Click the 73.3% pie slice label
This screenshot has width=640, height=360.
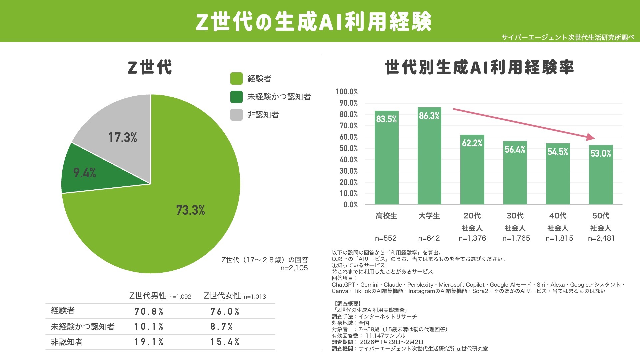[190, 210]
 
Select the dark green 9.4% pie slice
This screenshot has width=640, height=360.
[97, 173]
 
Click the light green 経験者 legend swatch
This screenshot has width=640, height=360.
[236, 79]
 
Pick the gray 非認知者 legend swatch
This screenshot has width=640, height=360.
[236, 115]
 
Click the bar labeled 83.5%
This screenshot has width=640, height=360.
[386, 160]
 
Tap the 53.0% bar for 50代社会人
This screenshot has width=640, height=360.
[601, 177]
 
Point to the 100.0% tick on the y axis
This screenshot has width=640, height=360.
[347, 92]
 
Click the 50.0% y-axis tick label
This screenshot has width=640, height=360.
[349, 148]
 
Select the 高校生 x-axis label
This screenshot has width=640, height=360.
[386, 216]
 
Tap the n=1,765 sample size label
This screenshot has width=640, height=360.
[516, 238]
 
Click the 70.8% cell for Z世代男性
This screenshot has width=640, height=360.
[149, 311]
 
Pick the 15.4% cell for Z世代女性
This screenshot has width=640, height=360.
[225, 342]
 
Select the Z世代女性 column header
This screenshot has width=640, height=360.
[222, 296]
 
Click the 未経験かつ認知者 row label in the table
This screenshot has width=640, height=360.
[83, 327]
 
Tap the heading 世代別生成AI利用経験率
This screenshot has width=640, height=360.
[479, 67]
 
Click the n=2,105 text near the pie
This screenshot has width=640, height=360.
[294, 268]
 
